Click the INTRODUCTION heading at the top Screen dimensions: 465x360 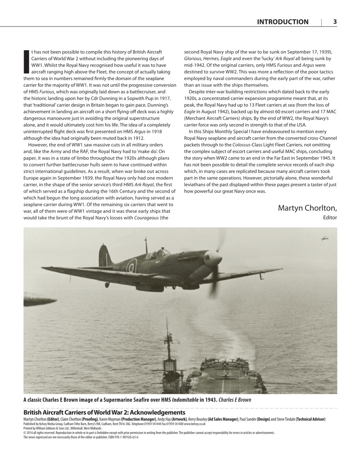283,22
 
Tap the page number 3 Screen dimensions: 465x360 335,22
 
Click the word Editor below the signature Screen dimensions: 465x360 330,218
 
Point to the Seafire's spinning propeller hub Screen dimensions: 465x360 217,259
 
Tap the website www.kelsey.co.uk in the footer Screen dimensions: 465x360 195,424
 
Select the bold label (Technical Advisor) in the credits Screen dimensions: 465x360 310,419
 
